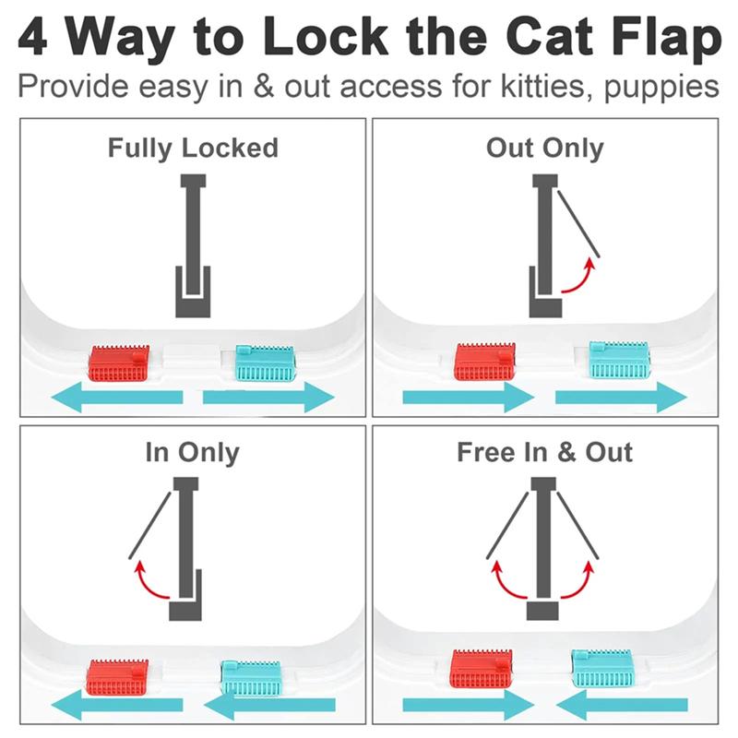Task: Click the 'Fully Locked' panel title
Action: pyautogui.click(x=193, y=148)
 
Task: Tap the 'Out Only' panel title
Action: pyautogui.click(x=544, y=148)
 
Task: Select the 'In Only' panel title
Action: pyautogui.click(x=192, y=453)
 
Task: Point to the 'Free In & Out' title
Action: pyautogui.click(x=544, y=453)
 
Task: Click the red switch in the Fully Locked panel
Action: pyautogui.click(x=118, y=363)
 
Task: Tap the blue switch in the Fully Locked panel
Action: pyautogui.click(x=266, y=362)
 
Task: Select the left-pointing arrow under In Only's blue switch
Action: pyautogui.click(x=268, y=708)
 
